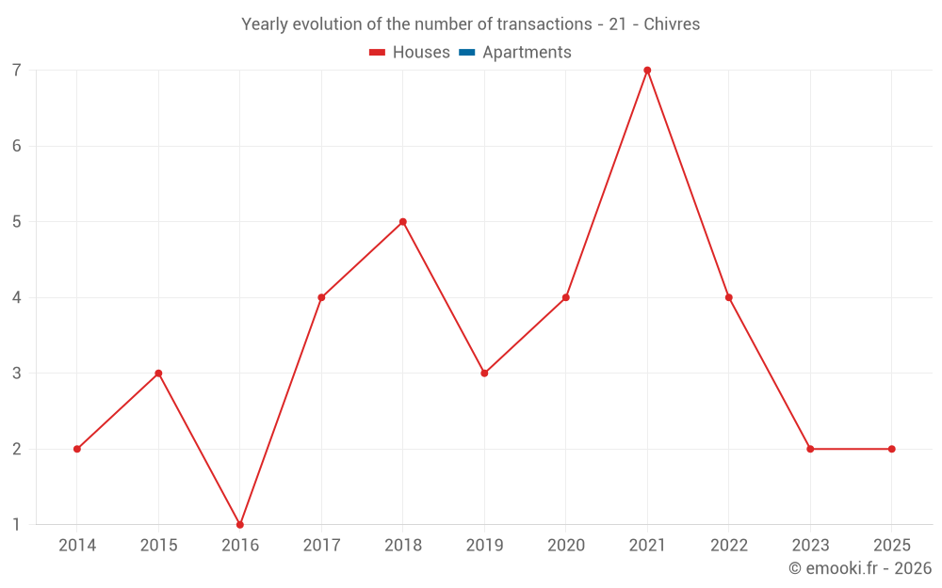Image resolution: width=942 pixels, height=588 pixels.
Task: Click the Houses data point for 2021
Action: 647,71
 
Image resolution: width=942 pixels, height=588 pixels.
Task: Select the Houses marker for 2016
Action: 240,524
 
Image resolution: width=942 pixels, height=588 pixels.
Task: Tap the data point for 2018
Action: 403,222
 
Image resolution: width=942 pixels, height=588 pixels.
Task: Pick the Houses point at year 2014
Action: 77,449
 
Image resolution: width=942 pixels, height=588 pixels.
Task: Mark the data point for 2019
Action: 484,373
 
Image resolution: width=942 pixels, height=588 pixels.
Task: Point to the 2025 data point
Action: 891,449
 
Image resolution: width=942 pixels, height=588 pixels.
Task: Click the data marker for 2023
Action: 810,449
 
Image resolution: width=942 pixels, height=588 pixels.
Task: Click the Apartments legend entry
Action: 526,53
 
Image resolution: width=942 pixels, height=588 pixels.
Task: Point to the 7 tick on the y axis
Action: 17,71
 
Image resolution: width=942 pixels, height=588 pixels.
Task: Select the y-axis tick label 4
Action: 17,297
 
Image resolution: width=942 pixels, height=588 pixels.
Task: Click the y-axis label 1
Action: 17,524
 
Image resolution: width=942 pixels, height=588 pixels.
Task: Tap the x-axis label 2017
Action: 321,546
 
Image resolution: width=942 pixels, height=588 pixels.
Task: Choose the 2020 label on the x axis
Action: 565,546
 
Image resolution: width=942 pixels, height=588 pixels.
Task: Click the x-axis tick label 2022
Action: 728,546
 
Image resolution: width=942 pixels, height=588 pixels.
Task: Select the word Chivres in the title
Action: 672,24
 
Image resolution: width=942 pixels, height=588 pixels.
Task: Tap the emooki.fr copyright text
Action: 859,568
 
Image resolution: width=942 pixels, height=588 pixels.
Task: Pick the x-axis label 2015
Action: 158,546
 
